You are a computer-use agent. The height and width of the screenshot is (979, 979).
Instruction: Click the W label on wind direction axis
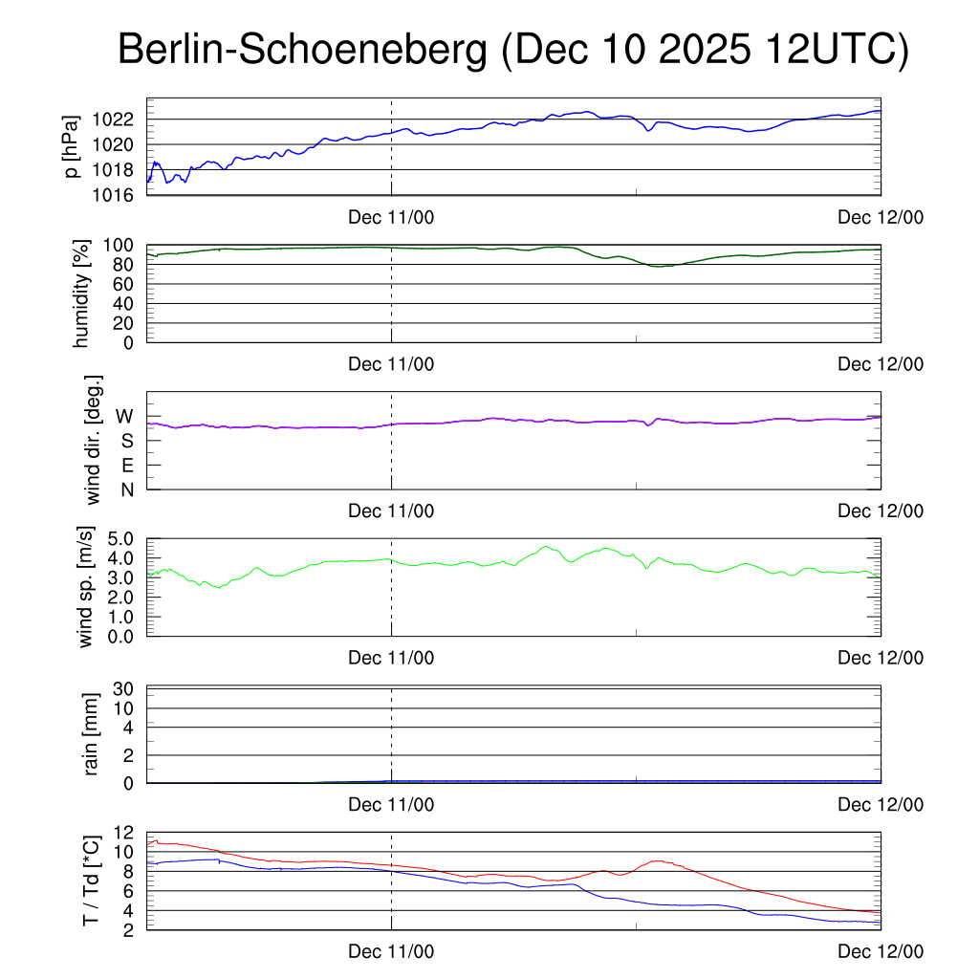pos(124,416)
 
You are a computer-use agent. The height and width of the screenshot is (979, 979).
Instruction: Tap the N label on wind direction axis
pos(126,489)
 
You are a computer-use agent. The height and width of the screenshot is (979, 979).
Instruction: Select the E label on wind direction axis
pos(126,465)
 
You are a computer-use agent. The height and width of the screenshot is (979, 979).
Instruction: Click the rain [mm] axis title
pos(92,736)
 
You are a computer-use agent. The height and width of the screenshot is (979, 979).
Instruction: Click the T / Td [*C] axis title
pos(91,880)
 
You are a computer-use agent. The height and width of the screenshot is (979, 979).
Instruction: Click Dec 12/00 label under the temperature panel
pos(881,951)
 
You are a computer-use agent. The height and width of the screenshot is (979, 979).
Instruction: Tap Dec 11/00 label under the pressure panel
pos(391,218)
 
